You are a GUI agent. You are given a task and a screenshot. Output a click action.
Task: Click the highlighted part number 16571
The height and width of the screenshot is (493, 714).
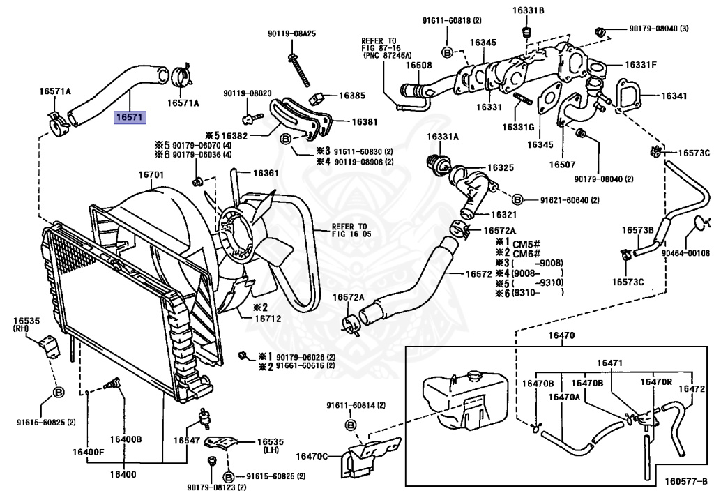coord(129,117)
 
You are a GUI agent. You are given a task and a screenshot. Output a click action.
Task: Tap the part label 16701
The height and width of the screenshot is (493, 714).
coord(151,175)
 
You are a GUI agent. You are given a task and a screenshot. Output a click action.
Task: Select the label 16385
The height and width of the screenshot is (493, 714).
coord(352,96)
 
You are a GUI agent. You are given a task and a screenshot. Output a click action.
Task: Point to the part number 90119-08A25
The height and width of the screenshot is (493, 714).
coord(292,33)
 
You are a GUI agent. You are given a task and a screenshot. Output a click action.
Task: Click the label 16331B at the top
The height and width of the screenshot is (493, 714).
coord(529,10)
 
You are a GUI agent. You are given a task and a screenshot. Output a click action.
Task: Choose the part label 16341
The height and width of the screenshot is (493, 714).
coord(674,96)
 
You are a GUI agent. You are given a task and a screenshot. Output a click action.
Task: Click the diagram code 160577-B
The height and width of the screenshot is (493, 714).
coord(686,482)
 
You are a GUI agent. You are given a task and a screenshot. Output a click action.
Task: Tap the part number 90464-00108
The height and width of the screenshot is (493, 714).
coord(686,252)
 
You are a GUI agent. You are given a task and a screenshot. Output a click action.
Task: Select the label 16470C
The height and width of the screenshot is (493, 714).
coord(312,456)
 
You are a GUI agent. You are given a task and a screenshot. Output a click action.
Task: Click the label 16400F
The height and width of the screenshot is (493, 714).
coord(88,452)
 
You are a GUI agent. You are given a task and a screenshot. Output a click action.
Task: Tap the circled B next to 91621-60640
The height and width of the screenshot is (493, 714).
coord(517,199)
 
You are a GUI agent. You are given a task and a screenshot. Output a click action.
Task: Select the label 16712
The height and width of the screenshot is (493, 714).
coord(268,319)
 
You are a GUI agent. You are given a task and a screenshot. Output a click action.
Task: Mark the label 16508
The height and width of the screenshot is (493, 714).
coord(418,65)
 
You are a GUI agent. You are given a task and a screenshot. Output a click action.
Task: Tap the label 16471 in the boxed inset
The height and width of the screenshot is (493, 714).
coord(609,363)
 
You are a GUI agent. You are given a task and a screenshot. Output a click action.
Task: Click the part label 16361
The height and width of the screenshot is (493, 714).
coord(266,173)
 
